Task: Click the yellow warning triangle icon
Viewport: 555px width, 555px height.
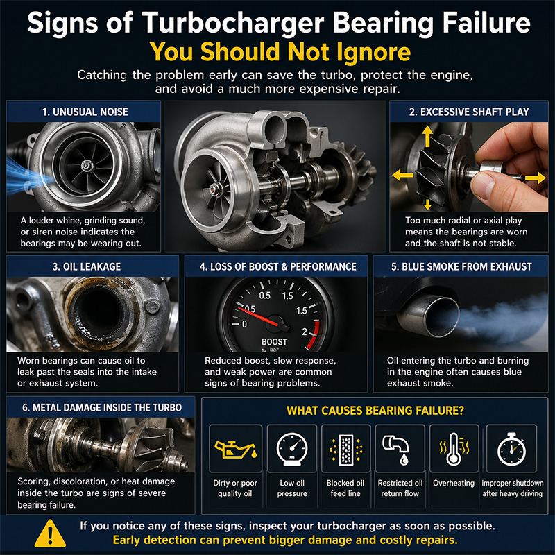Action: coord(50,533)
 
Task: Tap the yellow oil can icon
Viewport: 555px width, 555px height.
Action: coord(235,450)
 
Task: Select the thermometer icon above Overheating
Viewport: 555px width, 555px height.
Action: coord(454,449)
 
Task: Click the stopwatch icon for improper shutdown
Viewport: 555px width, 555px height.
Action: coord(511,449)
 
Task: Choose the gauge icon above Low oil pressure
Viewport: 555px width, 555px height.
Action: coord(292,449)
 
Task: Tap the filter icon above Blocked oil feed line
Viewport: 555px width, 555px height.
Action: coord(345,450)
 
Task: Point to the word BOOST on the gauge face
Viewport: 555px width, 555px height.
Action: coord(274,342)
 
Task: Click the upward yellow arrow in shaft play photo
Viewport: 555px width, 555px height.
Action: coord(427,136)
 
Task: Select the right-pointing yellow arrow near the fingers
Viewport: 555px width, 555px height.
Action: coord(535,178)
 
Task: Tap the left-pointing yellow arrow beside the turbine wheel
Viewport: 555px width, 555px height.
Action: coord(403,175)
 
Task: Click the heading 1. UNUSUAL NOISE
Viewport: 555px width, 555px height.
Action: coord(85,112)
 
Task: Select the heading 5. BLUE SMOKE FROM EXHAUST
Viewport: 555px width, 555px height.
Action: coord(461,266)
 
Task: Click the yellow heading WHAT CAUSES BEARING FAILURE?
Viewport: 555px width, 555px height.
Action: coord(375,411)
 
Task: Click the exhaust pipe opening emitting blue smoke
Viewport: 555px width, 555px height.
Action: coord(442,317)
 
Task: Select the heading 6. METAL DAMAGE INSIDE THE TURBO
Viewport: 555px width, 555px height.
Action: coord(102,407)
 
